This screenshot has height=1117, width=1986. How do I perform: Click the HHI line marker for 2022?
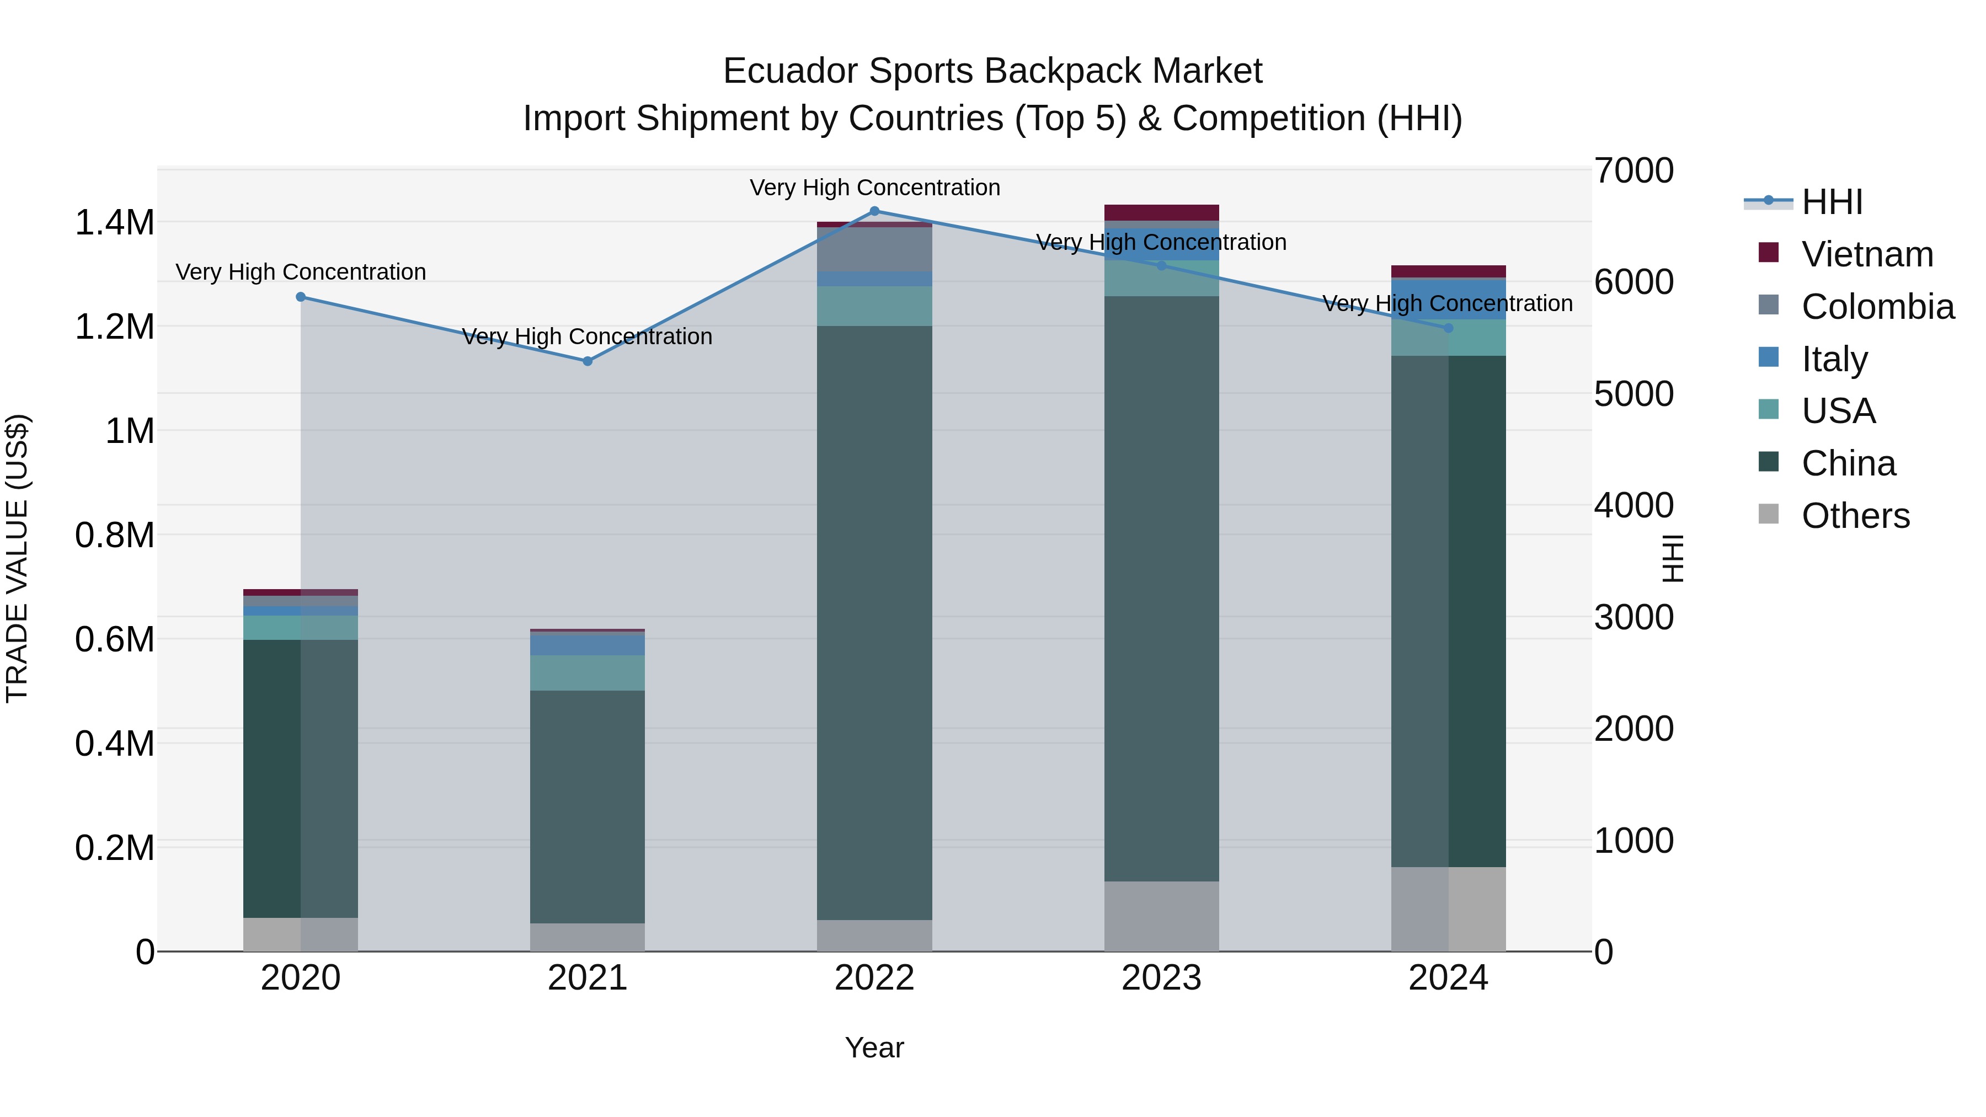coord(874,211)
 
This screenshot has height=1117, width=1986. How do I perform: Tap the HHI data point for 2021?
coord(588,361)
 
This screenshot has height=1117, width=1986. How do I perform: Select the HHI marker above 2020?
coord(301,297)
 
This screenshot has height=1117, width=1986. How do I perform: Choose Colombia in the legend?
coord(1878,307)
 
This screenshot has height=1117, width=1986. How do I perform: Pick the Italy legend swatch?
coord(1769,357)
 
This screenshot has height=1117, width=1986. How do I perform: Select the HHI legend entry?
coord(1832,202)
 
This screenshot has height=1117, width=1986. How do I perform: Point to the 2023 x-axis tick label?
coord(1161,978)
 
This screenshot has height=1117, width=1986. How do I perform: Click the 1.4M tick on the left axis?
coord(115,223)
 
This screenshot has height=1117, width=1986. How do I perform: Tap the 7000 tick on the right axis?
coord(1633,170)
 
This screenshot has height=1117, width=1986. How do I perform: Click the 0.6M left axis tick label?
coord(115,640)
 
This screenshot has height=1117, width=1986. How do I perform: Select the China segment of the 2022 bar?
coord(874,617)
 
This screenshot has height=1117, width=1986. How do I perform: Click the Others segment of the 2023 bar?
coord(1161,916)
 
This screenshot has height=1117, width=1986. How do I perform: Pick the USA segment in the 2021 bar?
coord(588,672)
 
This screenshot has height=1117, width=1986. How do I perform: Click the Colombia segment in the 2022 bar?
coord(874,249)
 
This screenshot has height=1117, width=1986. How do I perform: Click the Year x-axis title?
coord(874,1047)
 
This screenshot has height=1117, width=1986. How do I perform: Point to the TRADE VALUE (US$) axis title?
coord(17,558)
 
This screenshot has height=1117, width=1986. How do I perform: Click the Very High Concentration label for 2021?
coord(588,337)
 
